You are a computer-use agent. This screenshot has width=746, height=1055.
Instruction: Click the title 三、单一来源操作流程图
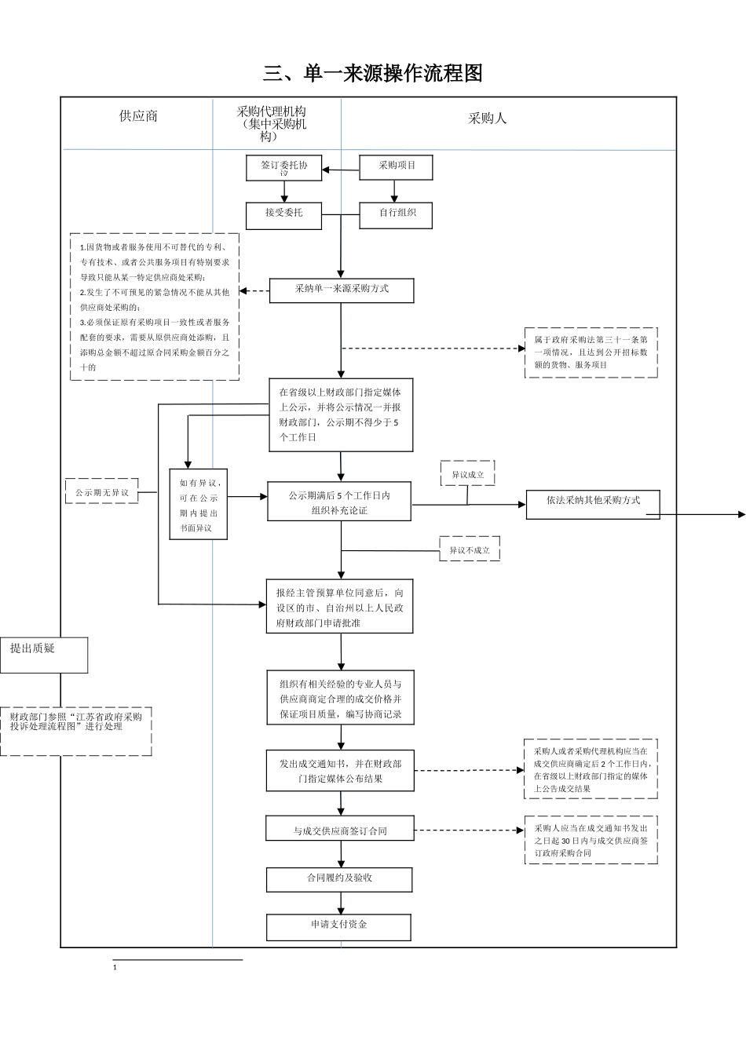coord(372,74)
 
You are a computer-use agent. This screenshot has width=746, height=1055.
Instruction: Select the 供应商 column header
coord(138,116)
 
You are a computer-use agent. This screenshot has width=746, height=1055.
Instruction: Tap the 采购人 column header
coord(487,119)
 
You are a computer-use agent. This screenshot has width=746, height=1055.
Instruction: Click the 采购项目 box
coord(397,167)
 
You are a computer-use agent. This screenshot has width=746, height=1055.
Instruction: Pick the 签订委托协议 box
coord(283,168)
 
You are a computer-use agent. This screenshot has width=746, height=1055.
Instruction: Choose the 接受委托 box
coord(283,214)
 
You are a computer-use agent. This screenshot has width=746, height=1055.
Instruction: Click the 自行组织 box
coord(397,214)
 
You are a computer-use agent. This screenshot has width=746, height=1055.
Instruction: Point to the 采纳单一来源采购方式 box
coord(341,290)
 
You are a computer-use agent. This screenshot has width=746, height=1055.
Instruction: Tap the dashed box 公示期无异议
coord(101,491)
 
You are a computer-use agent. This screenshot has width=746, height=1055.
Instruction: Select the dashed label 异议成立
coord(467,474)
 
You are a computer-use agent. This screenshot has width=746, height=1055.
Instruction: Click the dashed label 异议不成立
coord(469,550)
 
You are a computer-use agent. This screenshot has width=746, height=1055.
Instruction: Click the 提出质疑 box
coord(43,655)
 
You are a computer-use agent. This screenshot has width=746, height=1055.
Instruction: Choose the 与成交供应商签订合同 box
coord(340,830)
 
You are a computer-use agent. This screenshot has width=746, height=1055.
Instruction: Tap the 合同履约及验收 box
coord(339,878)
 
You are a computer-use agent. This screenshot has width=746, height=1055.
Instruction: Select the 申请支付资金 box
coord(338,926)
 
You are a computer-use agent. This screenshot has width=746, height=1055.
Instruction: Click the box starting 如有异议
coord(199,504)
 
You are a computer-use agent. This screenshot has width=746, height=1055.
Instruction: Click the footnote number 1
coord(115,968)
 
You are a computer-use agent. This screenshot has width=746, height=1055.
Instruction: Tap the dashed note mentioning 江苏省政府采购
coord(75,730)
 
